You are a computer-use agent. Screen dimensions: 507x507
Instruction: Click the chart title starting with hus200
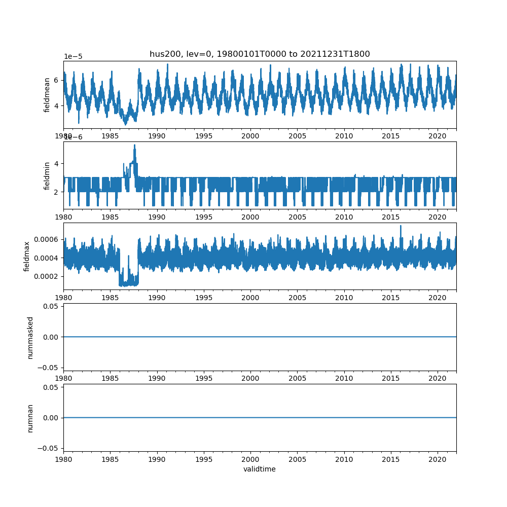point(260,54)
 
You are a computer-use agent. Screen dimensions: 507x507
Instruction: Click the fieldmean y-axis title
point(47,95)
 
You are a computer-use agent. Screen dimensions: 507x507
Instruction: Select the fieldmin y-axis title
point(47,175)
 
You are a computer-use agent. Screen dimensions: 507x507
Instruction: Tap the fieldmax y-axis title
point(27,256)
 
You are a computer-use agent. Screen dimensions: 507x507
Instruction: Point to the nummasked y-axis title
point(30,337)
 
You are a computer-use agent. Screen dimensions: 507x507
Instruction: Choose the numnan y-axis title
point(30,418)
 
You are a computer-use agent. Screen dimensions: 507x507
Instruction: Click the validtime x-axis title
point(260,469)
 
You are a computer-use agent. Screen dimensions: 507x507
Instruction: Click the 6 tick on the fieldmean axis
point(56,80)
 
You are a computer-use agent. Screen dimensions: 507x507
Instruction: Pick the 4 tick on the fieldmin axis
point(56,163)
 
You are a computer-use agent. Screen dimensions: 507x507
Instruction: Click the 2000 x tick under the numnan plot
point(250,459)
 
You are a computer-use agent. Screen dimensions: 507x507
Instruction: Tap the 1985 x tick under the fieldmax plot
point(110,298)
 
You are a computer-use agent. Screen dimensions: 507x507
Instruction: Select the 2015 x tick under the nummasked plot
point(391,378)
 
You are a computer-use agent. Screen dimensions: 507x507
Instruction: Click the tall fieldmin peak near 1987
point(134,146)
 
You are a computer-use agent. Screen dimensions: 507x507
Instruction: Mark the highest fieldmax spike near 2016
point(401,226)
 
